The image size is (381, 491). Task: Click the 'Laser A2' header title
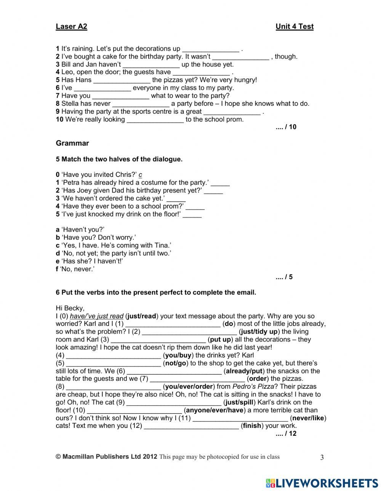[71, 27]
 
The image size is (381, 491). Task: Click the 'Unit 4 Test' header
[294, 27]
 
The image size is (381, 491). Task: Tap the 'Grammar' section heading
[72, 143]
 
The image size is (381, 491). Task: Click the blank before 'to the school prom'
[155, 120]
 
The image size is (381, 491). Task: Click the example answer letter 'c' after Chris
[140, 175]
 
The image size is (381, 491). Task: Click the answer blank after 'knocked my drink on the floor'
[192, 215]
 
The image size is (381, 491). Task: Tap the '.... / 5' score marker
[284, 277]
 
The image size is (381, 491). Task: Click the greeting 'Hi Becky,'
[70, 308]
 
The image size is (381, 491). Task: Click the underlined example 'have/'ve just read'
[97, 316]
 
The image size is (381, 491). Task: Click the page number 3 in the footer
[322, 458]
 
